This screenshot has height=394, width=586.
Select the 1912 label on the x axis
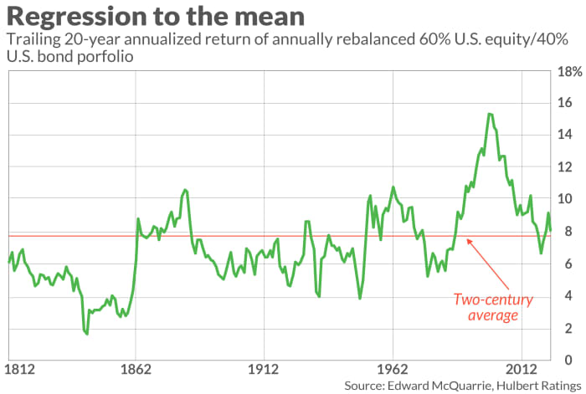[265, 368]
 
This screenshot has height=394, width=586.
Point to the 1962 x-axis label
[393, 368]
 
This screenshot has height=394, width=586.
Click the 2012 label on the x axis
[521, 368]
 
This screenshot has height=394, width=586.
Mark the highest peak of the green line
[490, 114]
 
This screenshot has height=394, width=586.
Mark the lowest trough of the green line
[86, 335]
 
